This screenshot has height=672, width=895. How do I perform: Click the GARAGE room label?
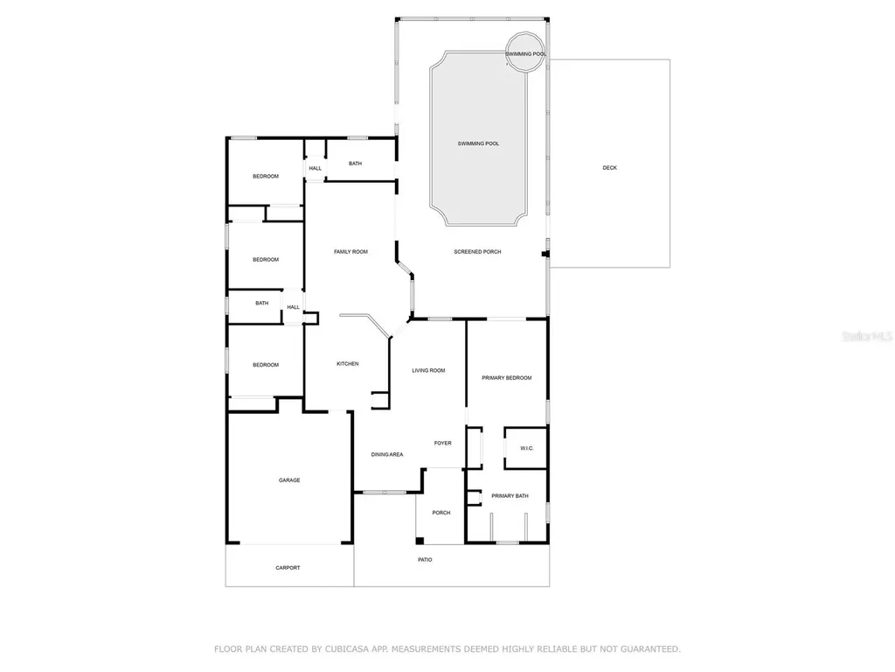pos(289,479)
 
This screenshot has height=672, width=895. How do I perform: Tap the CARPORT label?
pos(288,568)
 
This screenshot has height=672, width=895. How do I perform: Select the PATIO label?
pos(425,560)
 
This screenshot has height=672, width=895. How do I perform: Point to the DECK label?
pos(609,167)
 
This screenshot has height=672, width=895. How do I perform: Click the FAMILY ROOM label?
pos(350,252)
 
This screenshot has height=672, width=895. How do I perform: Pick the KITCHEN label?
pos(348,364)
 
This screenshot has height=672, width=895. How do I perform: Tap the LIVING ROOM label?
pos(428,370)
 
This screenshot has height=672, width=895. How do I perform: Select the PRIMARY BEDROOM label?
pos(507,378)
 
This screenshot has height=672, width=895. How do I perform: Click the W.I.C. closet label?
pos(527,449)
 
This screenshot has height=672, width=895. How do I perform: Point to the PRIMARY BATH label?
pos(510,496)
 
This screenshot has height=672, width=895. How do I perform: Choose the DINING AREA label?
pos(387,454)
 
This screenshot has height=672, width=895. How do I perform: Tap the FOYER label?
pos(443,444)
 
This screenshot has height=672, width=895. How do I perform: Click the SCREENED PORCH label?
pos(477,252)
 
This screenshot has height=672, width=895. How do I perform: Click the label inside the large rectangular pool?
pos(478,143)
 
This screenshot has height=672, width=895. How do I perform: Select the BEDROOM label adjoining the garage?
pos(266,365)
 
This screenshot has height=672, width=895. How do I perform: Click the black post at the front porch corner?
pos(420,540)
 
